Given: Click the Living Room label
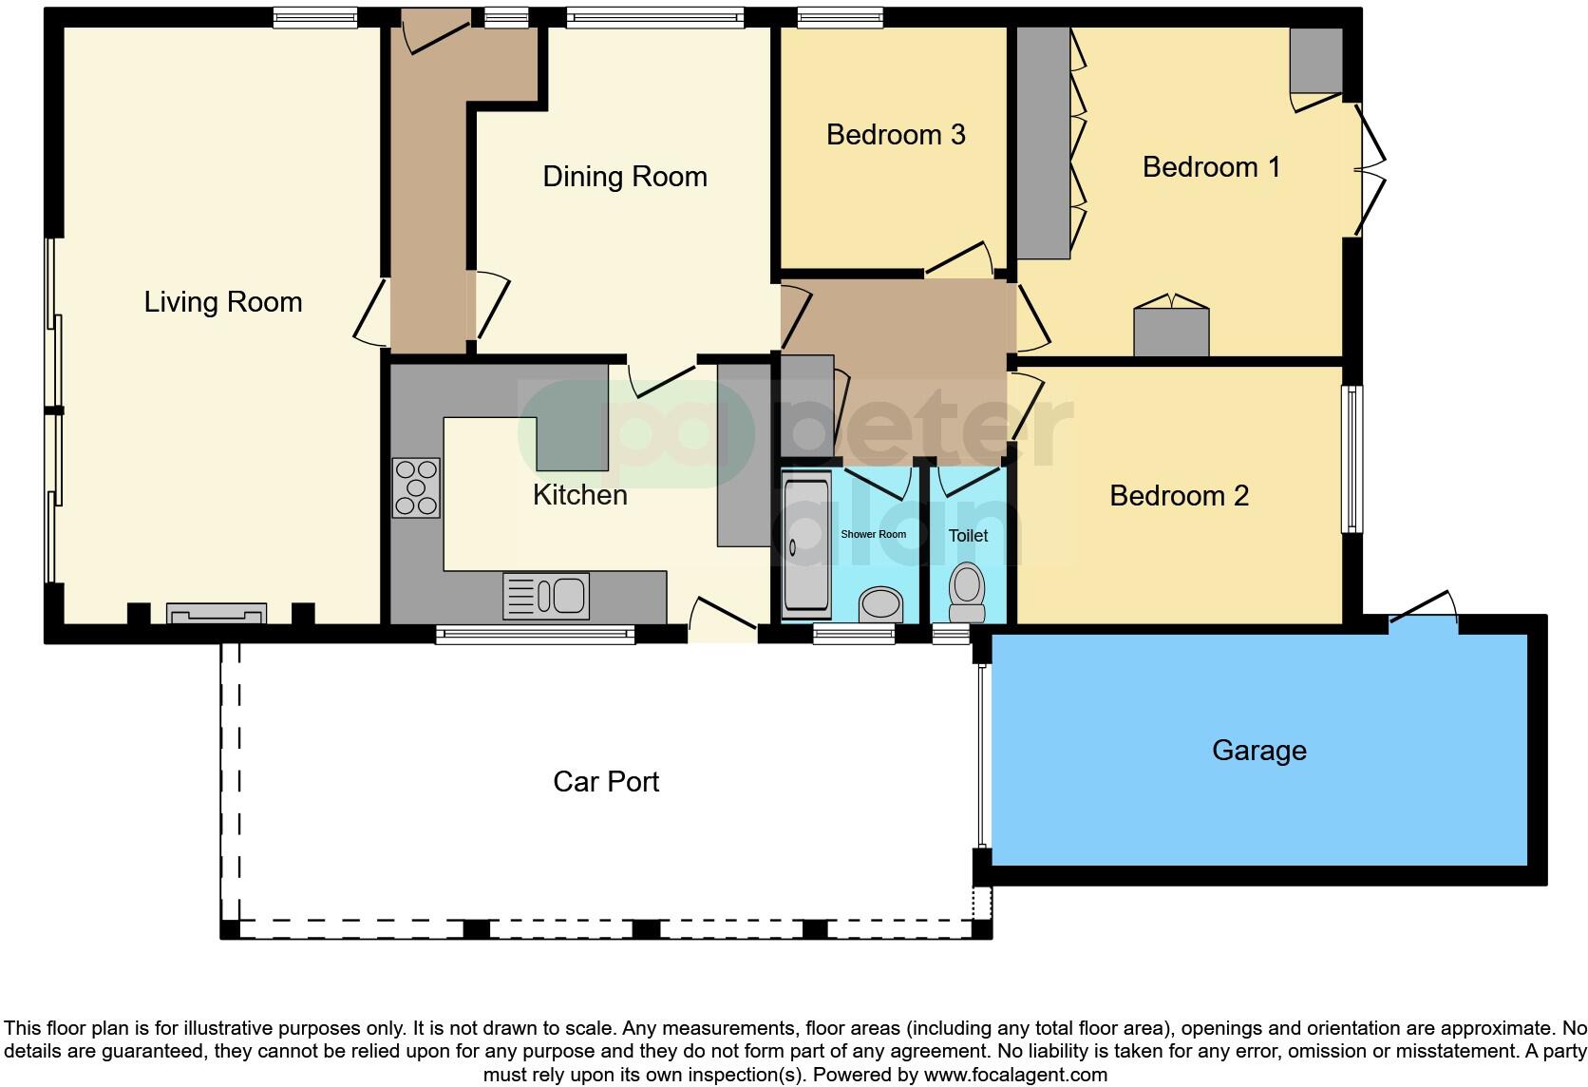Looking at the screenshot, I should pos(223,302).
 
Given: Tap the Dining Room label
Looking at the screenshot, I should pos(625,177).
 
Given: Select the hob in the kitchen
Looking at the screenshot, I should pos(416,488).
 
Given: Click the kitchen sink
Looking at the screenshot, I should pos(546,596).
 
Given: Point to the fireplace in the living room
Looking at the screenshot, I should pos(216,613).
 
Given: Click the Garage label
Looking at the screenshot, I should pos(1258,751).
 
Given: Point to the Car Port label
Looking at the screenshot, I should pos(606,782).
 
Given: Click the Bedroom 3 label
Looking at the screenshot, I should pos(896,135).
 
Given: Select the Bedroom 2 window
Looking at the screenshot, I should pos(1351,459).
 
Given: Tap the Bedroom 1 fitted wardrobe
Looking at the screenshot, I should pos(1044,143).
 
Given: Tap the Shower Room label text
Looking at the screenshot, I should pos(873,535).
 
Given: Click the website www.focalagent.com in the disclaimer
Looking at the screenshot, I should pos(1014,1076).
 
